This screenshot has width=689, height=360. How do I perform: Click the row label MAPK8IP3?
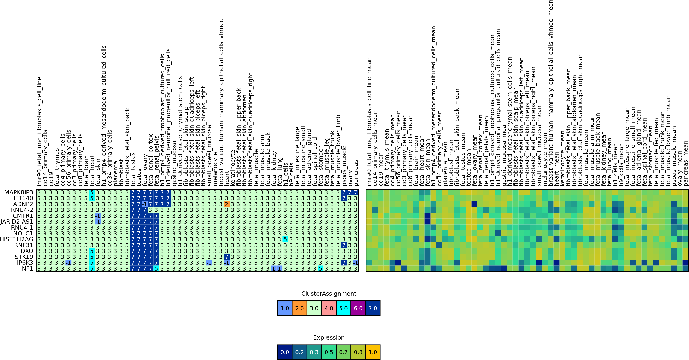click(x=19, y=192)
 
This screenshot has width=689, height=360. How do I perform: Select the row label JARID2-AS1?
click(x=17, y=222)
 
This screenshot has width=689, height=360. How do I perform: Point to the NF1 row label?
click(x=27, y=268)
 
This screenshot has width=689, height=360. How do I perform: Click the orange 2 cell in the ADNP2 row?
click(x=227, y=204)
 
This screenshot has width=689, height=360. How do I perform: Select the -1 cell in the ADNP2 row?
click(x=144, y=204)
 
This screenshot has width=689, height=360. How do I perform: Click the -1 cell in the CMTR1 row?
click(x=98, y=216)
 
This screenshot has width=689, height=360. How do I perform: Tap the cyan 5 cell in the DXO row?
click(x=92, y=251)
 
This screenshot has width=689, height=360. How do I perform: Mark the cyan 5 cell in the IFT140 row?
click(x=92, y=198)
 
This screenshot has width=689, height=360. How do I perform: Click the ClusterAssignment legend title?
click(x=329, y=294)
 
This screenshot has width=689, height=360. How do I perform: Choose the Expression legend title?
click(x=329, y=337)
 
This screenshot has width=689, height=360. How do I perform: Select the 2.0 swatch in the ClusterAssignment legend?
click(x=299, y=308)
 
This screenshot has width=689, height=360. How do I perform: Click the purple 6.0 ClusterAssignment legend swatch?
click(x=358, y=308)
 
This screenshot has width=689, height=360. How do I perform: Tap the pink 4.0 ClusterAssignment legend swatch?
click(x=329, y=308)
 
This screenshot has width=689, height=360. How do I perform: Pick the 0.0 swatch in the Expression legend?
click(x=285, y=352)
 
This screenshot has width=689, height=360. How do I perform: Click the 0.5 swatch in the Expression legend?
click(x=329, y=352)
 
